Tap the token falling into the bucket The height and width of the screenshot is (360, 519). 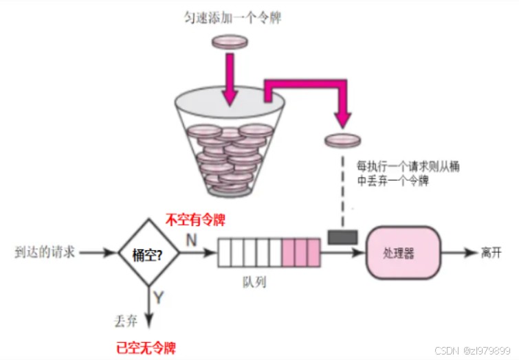[230, 43]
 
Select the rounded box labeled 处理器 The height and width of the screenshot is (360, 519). [401, 252]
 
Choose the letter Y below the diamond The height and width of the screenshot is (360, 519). [159, 297]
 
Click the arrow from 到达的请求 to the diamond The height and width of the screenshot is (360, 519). [97, 252]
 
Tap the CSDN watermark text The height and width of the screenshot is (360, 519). [474, 350]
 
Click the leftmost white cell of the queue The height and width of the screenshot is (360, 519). [225, 252]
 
